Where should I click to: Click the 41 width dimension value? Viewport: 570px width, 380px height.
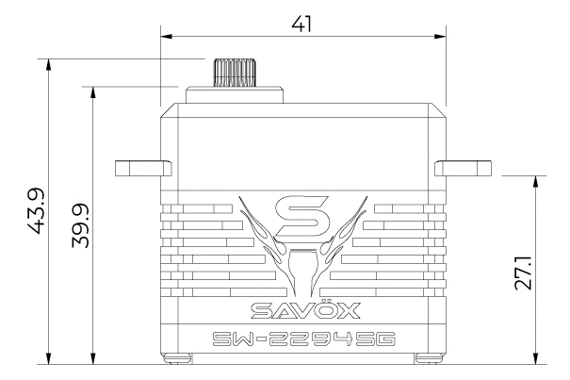(x=301, y=25)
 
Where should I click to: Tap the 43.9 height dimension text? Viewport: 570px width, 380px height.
(x=36, y=211)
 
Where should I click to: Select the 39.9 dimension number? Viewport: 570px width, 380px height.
(x=80, y=225)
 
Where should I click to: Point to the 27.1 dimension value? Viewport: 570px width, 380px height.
(x=523, y=273)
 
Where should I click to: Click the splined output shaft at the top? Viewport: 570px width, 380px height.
(x=235, y=73)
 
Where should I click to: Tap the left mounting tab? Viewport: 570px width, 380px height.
(x=143, y=168)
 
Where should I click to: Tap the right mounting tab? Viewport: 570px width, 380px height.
(x=463, y=168)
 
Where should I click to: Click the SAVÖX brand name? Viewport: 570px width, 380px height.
(x=305, y=309)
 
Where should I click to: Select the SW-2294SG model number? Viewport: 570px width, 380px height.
(x=304, y=339)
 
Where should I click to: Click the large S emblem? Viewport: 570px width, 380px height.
(x=302, y=216)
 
